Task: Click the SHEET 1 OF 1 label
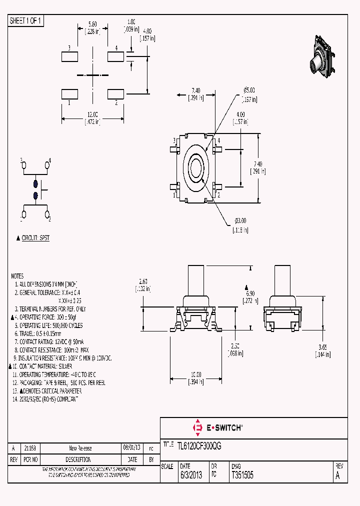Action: click(26, 20)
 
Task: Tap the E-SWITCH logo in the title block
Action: click(218, 427)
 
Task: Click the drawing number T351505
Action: click(242, 475)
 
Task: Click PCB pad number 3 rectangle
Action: click(69, 56)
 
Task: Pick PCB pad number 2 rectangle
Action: click(116, 93)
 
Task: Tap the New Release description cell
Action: click(80, 448)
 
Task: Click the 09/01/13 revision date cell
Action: click(132, 448)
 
